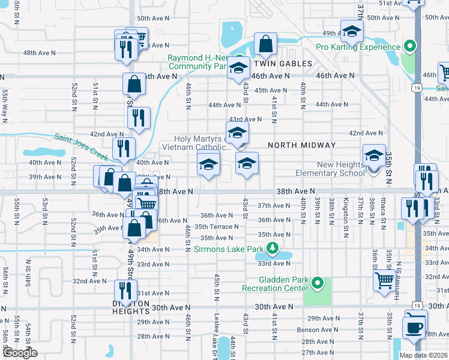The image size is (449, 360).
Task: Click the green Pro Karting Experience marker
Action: [411, 46]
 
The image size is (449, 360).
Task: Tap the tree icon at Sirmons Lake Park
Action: [273, 248]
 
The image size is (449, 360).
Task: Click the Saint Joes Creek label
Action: [80, 148]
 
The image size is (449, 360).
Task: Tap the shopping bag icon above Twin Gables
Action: [265, 44]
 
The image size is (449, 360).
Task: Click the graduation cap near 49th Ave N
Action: [352, 31]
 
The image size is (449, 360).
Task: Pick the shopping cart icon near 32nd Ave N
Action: [384, 280]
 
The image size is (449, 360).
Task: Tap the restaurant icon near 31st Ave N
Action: [126, 292]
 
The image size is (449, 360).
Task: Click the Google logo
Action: [20, 353]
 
